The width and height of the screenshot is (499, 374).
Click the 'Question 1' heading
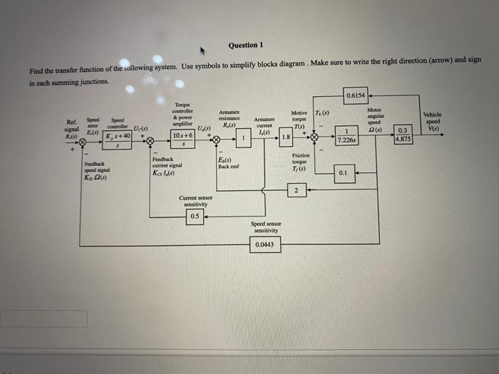pos(246,46)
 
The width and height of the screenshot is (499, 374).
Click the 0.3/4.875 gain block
pos(403,135)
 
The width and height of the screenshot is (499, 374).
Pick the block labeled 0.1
pos(343,173)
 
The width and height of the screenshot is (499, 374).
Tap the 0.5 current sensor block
pos(193,217)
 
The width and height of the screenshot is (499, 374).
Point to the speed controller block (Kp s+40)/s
pos(118,140)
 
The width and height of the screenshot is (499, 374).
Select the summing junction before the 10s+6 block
pos(150,140)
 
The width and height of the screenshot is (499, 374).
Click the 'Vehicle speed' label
pos(433,119)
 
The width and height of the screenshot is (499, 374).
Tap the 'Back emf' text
pos(227,163)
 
